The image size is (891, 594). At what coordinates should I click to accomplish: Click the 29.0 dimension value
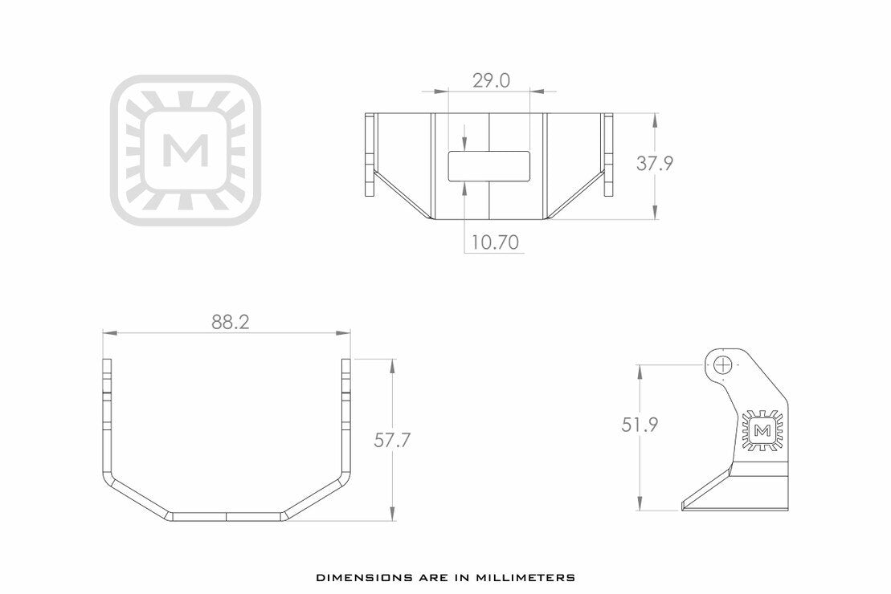coord(490,80)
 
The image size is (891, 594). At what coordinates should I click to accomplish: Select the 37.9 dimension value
coord(655,164)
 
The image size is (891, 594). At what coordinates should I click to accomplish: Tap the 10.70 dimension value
coord(494,242)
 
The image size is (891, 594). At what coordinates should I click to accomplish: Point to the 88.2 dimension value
coord(231,322)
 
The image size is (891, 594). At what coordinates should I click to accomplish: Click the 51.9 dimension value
coord(640,425)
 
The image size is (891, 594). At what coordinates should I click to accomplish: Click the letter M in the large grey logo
coord(186,150)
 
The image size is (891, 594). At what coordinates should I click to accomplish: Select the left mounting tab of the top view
coord(370,155)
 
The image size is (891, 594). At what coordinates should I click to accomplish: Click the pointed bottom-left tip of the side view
coord(684,506)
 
